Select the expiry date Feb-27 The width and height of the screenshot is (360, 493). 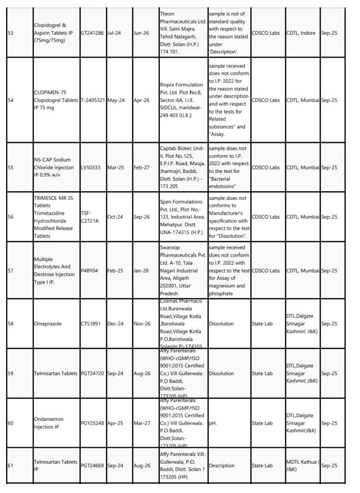[141, 168]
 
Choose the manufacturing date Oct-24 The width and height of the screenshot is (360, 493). [116, 217]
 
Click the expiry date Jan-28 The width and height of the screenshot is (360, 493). [141, 271]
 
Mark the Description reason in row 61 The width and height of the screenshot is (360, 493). [222, 466]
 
